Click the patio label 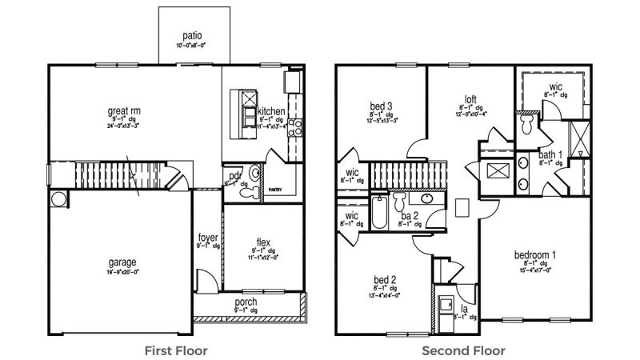(191, 35)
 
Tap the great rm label (124, 110)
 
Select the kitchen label (272, 111)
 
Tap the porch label (246, 301)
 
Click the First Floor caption (176, 350)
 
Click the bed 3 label (381, 106)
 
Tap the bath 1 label (549, 154)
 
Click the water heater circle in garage (58, 198)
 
